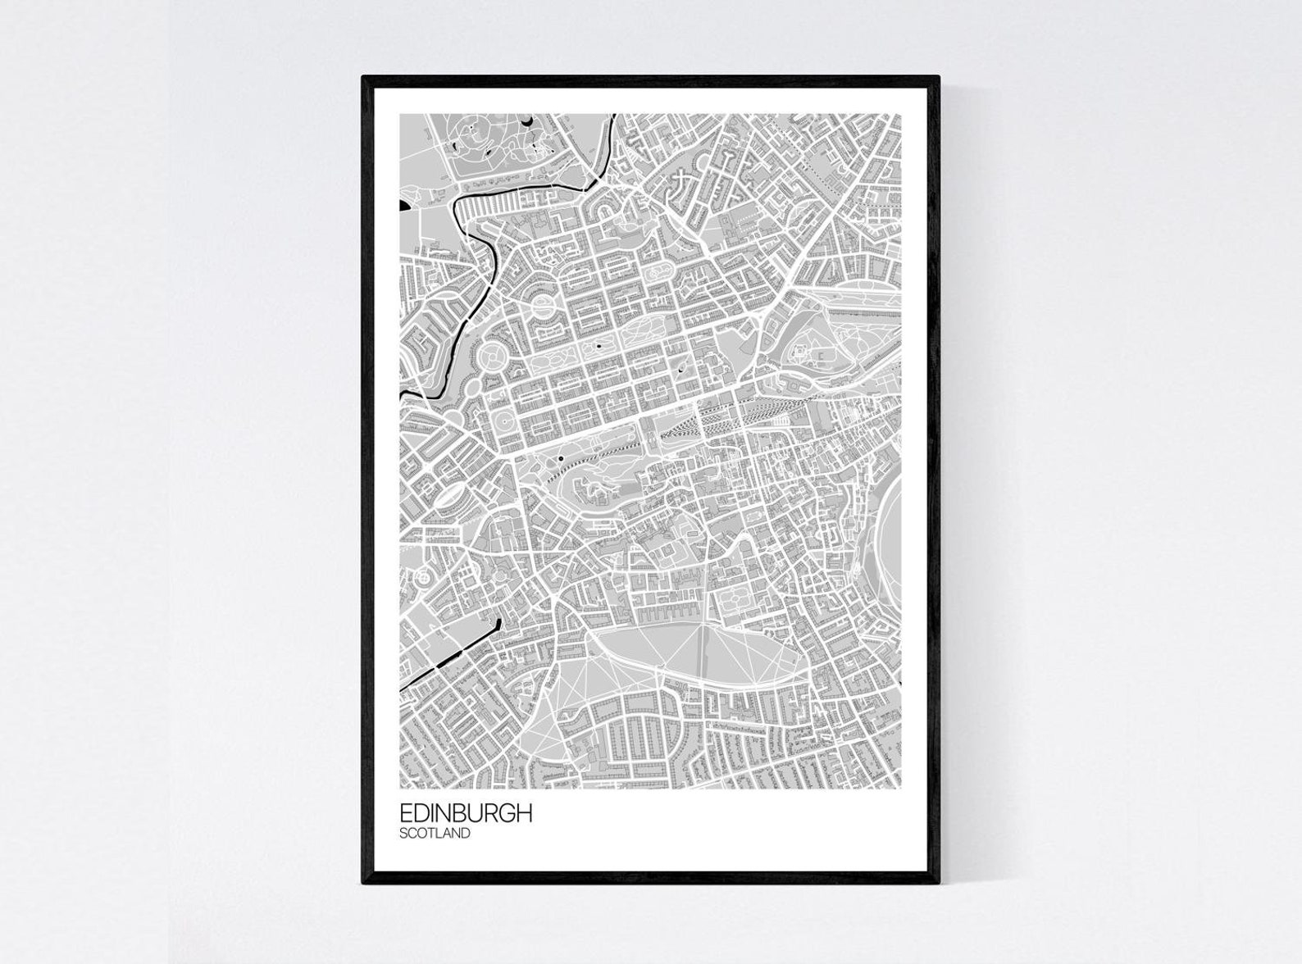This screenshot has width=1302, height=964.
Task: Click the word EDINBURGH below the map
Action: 466,813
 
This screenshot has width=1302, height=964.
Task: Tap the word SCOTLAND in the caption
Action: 435,834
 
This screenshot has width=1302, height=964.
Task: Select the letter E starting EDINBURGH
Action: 405,813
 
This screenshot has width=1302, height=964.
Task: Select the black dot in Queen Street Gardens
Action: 599,346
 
